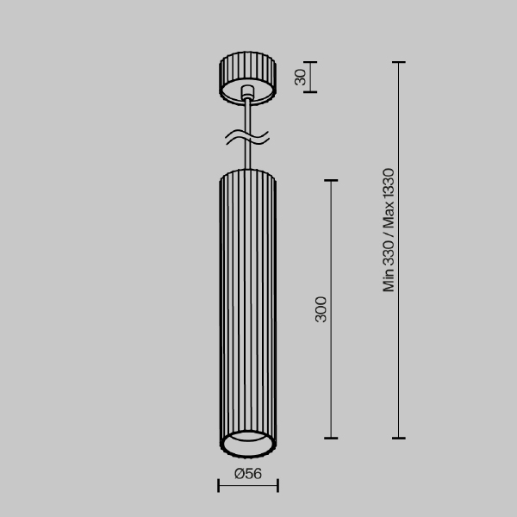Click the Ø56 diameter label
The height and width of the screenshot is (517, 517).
coord(248,474)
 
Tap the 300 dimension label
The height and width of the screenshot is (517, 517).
coord(321,309)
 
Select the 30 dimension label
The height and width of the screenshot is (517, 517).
coord(301,78)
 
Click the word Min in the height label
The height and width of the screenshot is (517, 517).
coord(389,280)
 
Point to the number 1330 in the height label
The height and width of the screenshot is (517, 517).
coord(389,184)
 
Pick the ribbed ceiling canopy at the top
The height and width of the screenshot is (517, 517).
coord(247,78)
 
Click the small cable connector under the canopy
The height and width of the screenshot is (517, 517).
coord(247,92)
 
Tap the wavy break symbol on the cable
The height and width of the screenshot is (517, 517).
coord(247,137)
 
